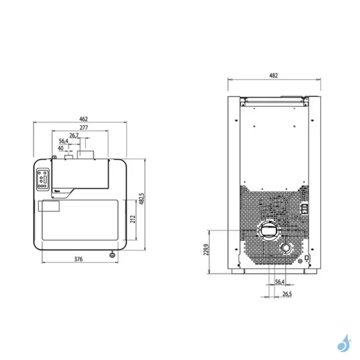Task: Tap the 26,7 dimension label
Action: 74,136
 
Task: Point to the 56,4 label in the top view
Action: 63,142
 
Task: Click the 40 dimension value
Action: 61,148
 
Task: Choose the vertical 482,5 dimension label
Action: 142,199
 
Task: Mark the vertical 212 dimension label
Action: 132,219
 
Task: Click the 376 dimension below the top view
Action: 77,259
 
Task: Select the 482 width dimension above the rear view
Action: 273,76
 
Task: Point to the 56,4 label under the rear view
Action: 280,281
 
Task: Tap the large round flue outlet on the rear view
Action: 269,229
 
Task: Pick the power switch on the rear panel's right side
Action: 304,209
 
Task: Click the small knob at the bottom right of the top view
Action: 112,255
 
